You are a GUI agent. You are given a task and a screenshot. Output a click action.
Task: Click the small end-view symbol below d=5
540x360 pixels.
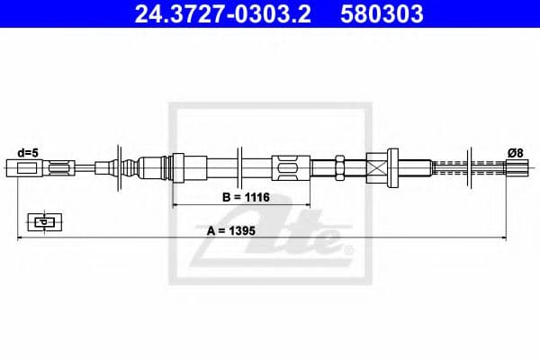click(x=40, y=220)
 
